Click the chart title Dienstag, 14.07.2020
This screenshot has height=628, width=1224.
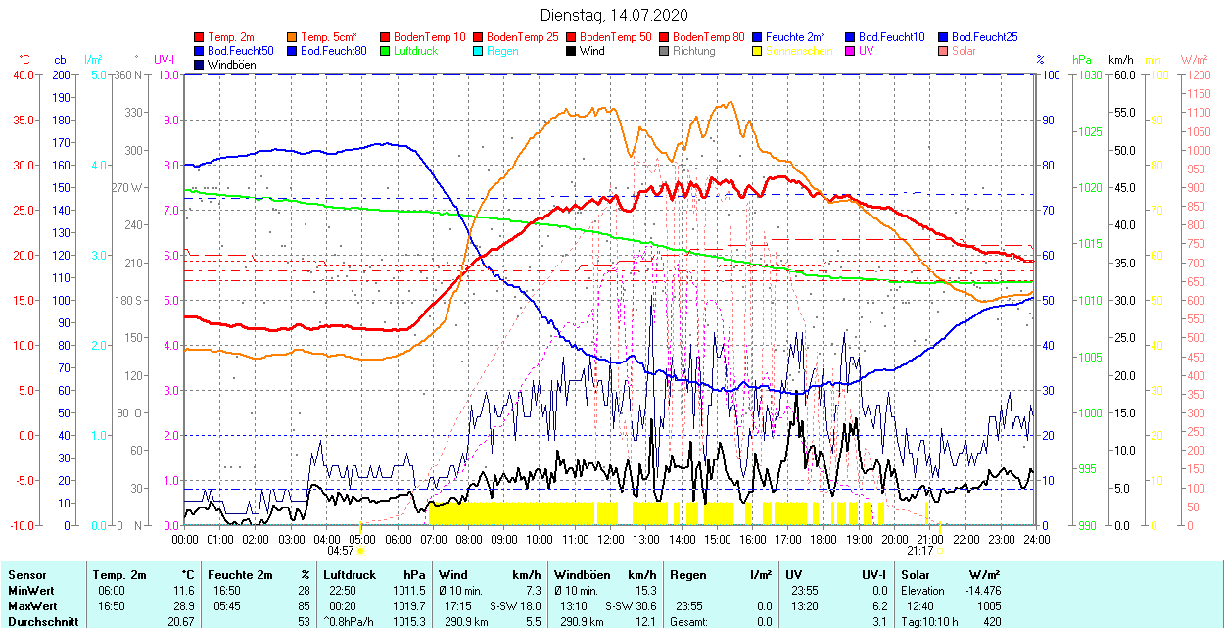point(614,15)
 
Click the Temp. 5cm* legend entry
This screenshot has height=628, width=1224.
point(328,37)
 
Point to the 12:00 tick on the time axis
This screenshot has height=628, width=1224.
point(611,539)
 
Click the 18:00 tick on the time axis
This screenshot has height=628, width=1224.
point(824,539)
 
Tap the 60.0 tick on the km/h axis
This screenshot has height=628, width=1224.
point(1121,74)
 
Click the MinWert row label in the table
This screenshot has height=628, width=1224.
point(30,591)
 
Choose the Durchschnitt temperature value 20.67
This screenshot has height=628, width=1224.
point(180,622)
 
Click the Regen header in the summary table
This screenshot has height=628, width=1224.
point(685,575)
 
